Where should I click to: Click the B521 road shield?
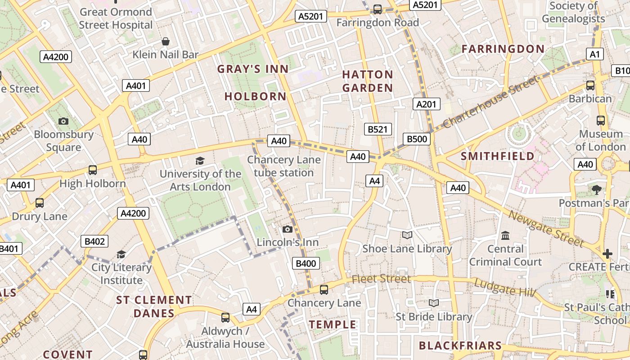click(x=378, y=130)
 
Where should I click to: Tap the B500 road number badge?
click(x=417, y=139)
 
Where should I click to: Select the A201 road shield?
click(x=426, y=104)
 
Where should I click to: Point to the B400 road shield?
click(x=306, y=264)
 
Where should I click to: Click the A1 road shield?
click(x=595, y=54)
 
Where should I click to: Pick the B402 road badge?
click(x=94, y=242)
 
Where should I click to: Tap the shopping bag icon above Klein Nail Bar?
click(x=166, y=41)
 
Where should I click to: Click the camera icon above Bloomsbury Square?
click(x=63, y=121)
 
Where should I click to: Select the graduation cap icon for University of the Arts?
click(x=200, y=161)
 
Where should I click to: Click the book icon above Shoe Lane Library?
click(x=407, y=235)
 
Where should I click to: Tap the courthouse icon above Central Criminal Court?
click(x=505, y=235)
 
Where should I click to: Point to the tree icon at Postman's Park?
click(x=597, y=190)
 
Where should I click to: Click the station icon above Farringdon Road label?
click(x=378, y=9)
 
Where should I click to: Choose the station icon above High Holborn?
click(x=93, y=170)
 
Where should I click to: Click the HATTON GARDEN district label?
click(x=368, y=81)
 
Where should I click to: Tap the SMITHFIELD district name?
click(x=498, y=156)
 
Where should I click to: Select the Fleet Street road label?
click(x=381, y=279)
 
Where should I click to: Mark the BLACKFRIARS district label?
click(x=460, y=346)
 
